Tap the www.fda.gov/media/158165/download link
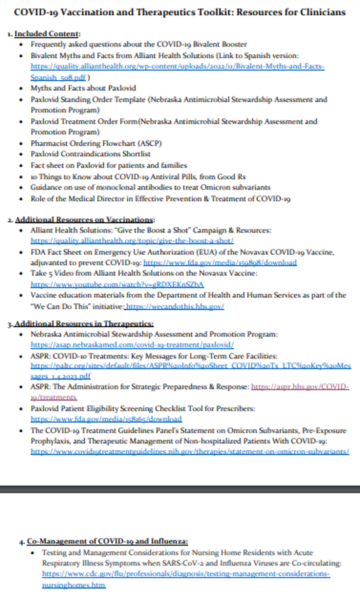[106, 419]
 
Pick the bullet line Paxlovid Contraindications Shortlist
[90, 154]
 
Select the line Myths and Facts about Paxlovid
[83, 88]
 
